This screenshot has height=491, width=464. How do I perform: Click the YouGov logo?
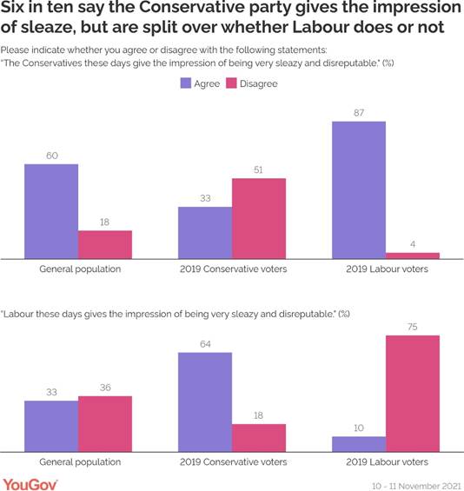coord(30,482)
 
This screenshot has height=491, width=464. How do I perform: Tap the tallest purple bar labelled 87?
coord(359,189)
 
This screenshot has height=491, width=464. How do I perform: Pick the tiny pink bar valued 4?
coord(413,255)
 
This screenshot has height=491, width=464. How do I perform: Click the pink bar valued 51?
coord(259,218)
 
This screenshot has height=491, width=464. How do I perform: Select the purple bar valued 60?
coord(51,211)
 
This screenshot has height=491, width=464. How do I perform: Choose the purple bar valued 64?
coord(205,402)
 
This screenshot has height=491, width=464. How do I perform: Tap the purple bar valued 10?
coord(359,444)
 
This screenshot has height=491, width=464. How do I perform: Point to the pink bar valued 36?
coord(105,424)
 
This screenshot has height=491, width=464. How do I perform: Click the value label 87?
coord(359,113)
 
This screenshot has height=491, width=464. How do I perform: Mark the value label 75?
coord(413,327)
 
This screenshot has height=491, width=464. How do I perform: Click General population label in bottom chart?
coord(79,461)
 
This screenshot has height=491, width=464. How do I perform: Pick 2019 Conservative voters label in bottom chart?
coord(232,461)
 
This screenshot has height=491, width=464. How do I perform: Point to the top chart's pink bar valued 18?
coord(105,244)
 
